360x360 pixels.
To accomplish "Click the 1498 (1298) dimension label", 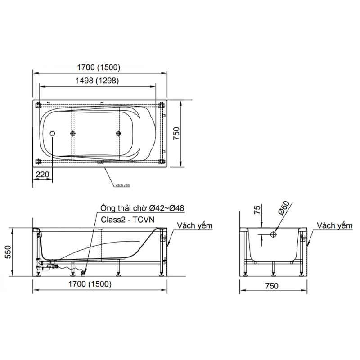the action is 97,81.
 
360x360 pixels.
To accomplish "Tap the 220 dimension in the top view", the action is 42,175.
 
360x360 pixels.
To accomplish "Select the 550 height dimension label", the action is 8,252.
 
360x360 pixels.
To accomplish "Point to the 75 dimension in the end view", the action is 257,210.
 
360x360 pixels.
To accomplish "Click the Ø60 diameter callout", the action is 284,208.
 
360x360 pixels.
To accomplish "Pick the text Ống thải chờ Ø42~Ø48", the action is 142,208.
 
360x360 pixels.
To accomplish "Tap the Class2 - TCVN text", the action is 128,220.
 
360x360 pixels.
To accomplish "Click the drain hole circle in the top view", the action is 53,134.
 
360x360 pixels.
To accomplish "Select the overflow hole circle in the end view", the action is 273,234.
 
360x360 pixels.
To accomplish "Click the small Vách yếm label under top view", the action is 122,185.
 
